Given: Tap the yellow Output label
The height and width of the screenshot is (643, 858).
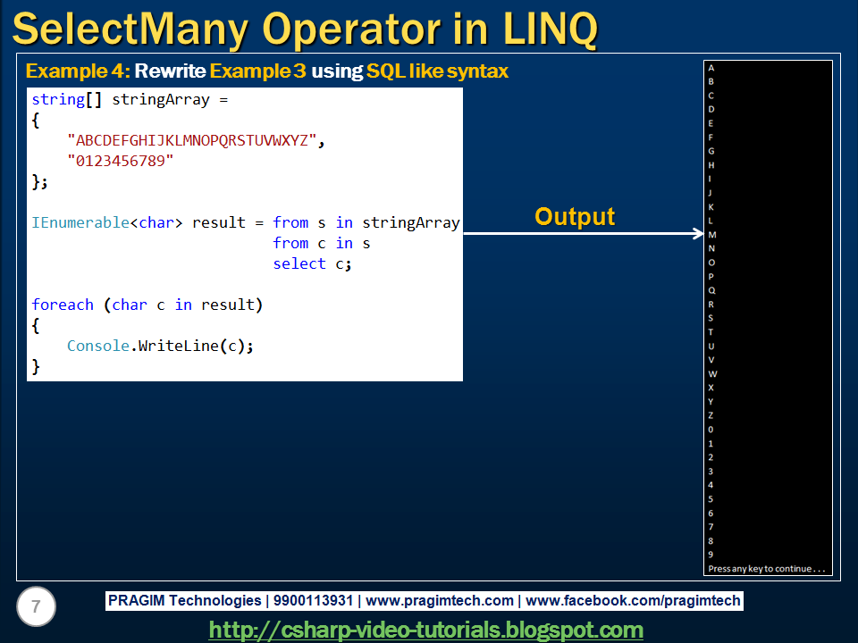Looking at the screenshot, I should tap(575, 216).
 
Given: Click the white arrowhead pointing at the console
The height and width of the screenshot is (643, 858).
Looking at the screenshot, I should tap(698, 234).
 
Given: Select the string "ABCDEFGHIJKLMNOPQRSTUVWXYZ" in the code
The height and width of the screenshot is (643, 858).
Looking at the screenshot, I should tap(191, 140).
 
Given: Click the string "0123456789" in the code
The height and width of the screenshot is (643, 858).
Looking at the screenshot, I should tap(120, 161).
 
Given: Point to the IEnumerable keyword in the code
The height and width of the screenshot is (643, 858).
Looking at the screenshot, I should tap(80, 222).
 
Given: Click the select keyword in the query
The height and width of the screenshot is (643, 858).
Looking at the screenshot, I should tap(299, 263).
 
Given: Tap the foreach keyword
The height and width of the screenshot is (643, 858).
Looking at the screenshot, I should tap(63, 305).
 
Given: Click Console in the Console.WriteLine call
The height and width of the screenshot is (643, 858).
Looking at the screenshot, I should tap(98, 346).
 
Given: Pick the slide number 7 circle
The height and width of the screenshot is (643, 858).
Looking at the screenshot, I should tap(36, 607).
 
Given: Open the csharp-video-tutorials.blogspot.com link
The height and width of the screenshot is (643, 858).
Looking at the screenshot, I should tap(426, 630).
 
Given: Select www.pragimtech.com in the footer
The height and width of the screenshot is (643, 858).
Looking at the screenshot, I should tap(440, 601).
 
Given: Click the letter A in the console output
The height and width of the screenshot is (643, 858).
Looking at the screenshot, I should tap(711, 68).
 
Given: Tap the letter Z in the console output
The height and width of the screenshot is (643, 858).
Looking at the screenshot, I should tap(711, 415).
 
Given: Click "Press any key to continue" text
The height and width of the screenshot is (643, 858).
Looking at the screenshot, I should tap(768, 569).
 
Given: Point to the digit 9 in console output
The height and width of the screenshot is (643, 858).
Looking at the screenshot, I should tap(711, 555).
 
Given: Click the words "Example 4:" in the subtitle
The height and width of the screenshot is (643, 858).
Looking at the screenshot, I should tap(78, 71).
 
